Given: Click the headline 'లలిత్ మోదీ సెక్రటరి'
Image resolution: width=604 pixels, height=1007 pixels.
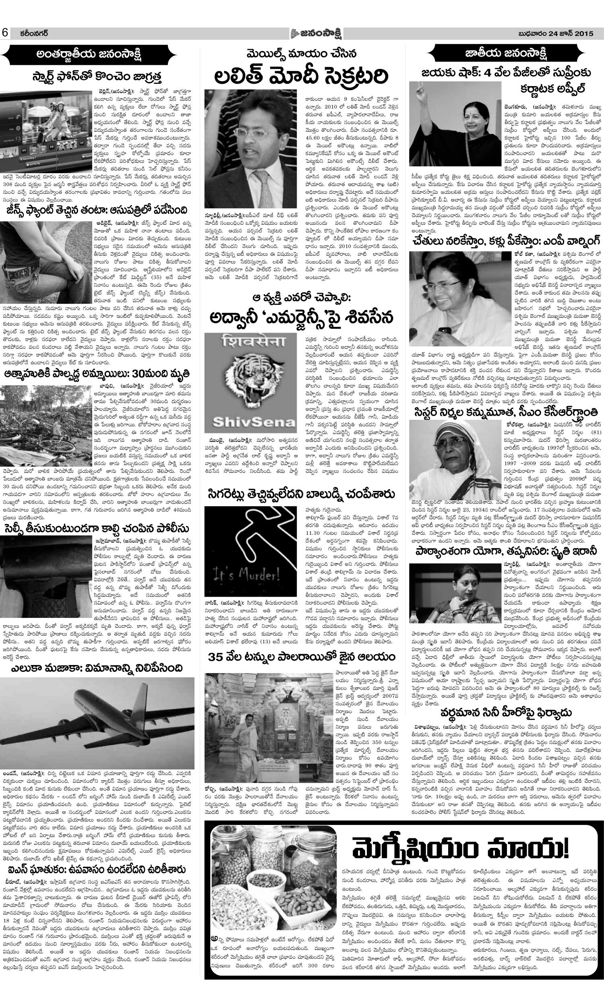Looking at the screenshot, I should pos(301,76).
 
